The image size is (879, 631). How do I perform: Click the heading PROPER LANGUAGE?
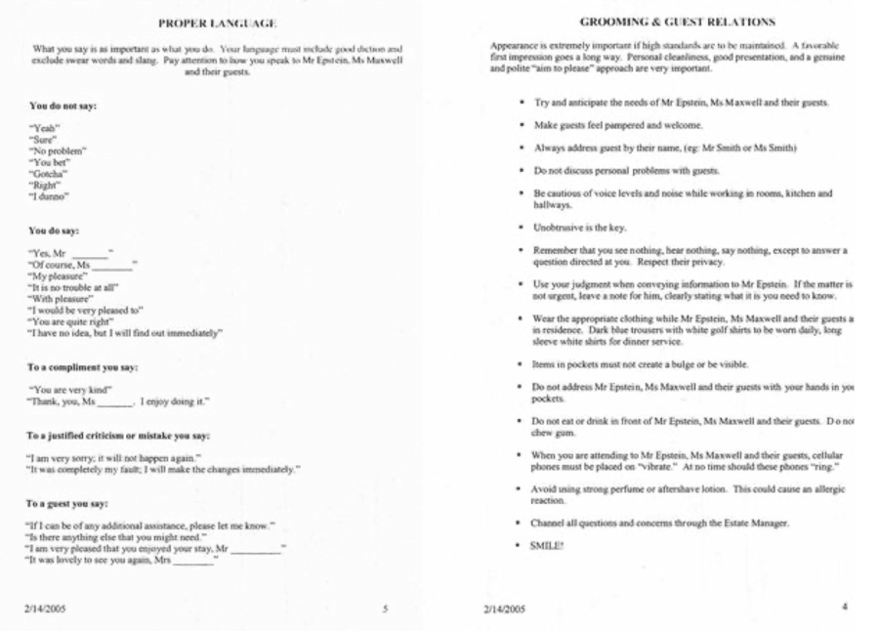[216, 21]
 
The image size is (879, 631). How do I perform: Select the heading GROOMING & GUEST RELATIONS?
[663, 21]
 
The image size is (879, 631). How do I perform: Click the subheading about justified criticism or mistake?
[119, 435]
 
